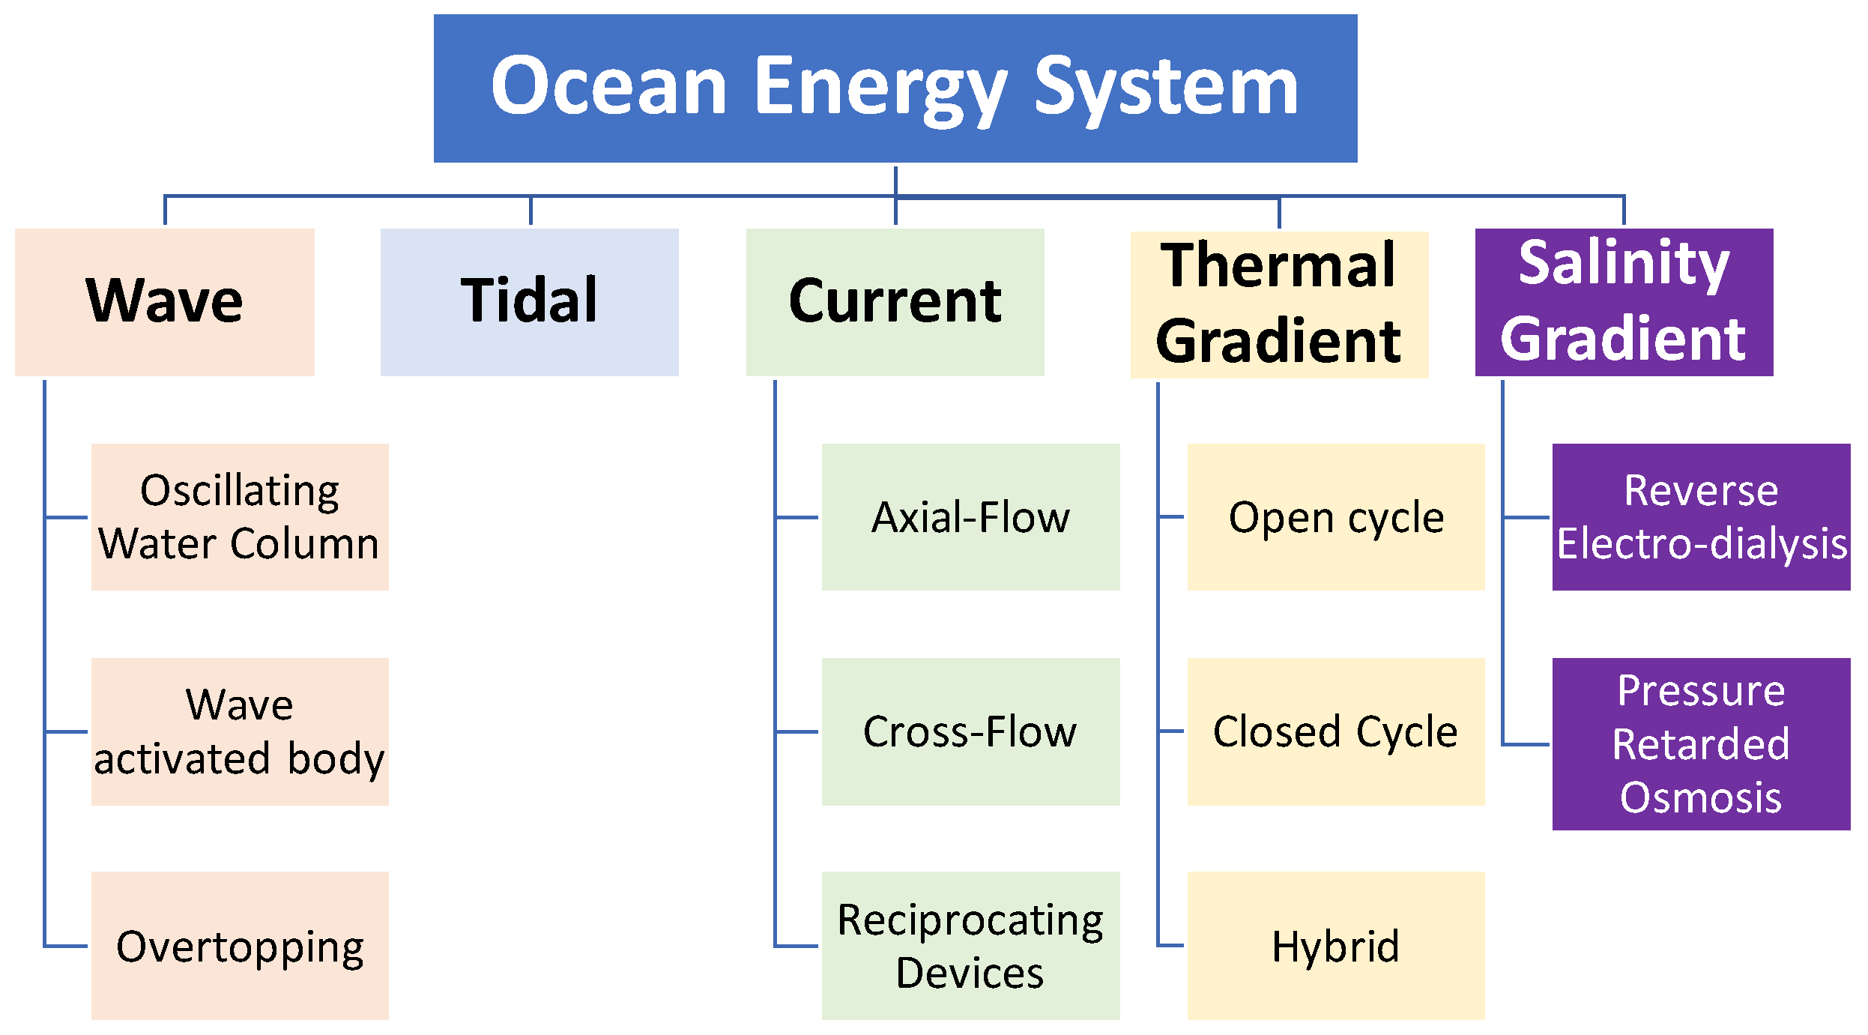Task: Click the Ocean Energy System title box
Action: click(895, 88)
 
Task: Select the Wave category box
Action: click(165, 301)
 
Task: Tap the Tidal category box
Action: click(529, 301)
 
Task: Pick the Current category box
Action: click(895, 301)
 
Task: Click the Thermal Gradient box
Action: click(1279, 304)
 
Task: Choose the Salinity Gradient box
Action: click(1624, 301)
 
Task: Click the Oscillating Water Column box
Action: click(240, 516)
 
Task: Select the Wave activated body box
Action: click(240, 731)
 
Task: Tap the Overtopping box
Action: click(240, 945)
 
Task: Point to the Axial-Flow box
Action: click(970, 516)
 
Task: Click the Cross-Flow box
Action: click(970, 731)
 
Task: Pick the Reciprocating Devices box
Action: click(970, 945)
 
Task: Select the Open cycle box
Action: click(1335, 516)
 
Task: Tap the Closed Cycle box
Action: click(1335, 731)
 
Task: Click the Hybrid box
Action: click(1335, 945)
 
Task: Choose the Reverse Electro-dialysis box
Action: click(1701, 516)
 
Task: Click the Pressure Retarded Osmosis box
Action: click(1701, 743)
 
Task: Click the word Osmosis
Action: click(1701, 797)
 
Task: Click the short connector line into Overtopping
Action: click(66, 946)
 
